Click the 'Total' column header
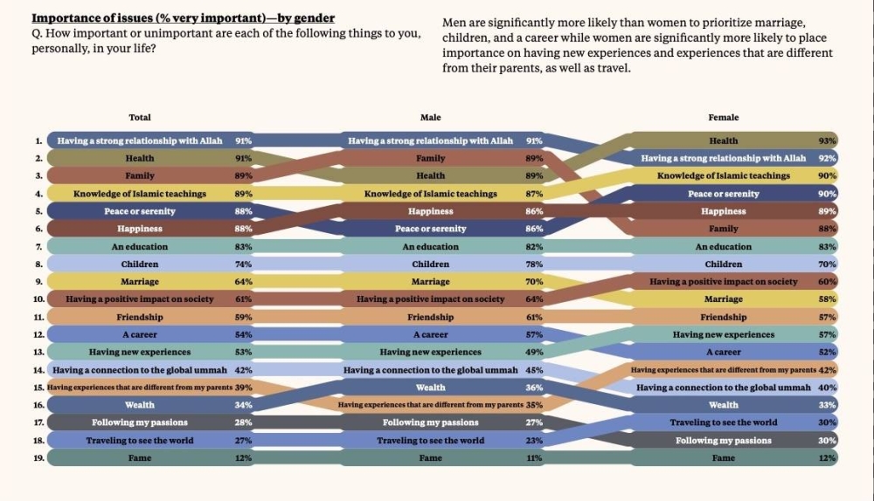(140, 118)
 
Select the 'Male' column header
(431, 118)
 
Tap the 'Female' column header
(723, 118)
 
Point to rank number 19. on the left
(38, 457)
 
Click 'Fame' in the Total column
(140, 457)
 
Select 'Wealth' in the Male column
(431, 388)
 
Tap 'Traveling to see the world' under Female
(723, 422)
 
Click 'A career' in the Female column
(723, 352)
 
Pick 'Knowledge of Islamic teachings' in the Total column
(140, 194)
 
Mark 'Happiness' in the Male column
(431, 211)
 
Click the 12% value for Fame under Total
(244, 457)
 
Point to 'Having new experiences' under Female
(723, 334)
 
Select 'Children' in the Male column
(431, 264)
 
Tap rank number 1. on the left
(38, 141)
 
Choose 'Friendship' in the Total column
(140, 317)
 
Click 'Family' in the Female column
(723, 229)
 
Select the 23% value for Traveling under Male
(535, 440)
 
